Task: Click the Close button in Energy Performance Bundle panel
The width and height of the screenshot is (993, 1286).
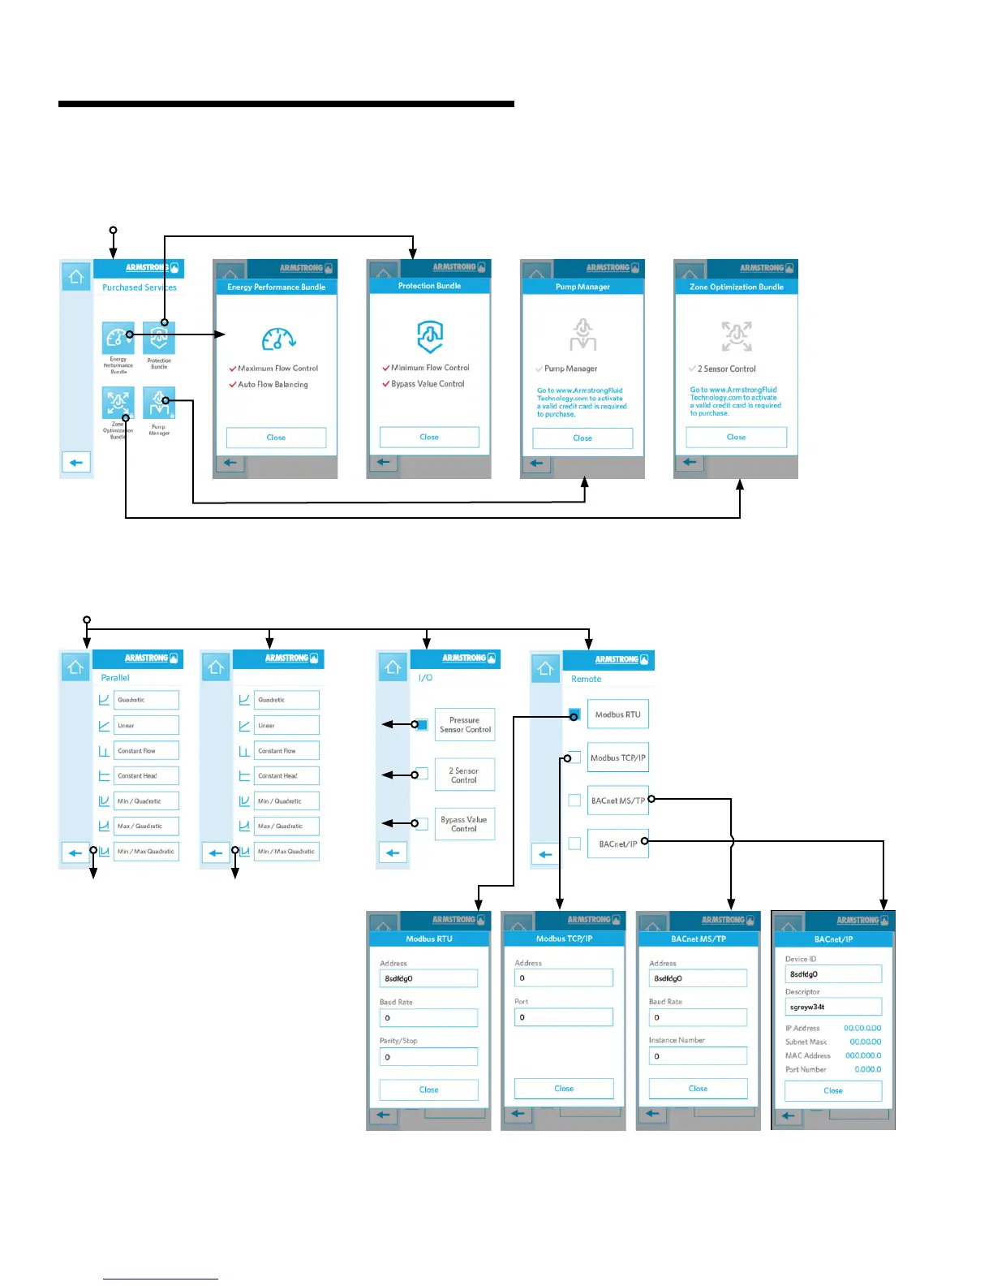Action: coord(276,438)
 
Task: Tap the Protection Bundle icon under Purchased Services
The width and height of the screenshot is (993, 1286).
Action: coord(159,338)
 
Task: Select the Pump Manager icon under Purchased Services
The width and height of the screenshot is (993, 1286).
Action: coord(159,403)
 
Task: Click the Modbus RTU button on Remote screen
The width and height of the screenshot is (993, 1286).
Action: coord(617,714)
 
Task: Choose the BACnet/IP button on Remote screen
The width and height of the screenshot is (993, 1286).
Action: coord(617,844)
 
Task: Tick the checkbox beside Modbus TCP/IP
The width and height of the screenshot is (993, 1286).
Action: coord(574,757)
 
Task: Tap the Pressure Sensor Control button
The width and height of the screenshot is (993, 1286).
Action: coord(465,725)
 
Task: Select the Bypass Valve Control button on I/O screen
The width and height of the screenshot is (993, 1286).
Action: coord(464,824)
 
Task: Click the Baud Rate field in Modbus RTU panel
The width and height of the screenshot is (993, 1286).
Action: coord(428,1018)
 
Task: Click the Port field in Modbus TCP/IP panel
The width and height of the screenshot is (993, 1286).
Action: coord(564,1017)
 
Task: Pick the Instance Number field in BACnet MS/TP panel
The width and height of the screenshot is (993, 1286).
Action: coord(698,1056)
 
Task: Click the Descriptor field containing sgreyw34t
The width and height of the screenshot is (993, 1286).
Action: coord(833,1007)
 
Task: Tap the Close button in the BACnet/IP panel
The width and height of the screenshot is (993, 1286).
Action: coord(833,1091)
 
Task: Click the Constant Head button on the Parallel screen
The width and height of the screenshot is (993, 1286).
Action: coord(146,776)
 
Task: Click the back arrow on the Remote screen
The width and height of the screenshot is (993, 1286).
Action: coord(545,854)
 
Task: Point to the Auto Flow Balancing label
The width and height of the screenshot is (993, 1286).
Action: coord(273,385)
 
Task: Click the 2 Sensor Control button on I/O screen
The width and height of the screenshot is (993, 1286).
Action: coord(464,775)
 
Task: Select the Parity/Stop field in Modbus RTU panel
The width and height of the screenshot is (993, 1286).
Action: coord(428,1057)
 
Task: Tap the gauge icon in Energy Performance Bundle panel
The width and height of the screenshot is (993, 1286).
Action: coord(277,338)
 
